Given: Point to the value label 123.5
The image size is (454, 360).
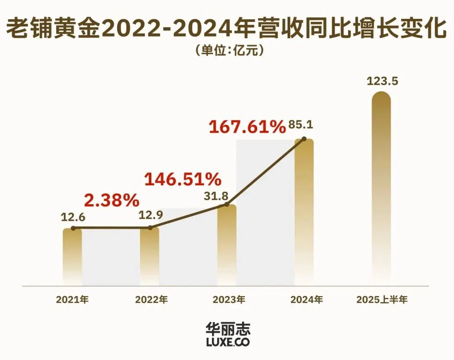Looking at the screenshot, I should click(x=382, y=81).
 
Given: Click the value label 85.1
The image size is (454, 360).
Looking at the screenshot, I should click(x=301, y=126).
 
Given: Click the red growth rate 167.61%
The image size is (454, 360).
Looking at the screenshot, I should click(x=247, y=127).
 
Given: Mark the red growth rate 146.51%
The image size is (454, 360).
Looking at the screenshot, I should click(x=182, y=179).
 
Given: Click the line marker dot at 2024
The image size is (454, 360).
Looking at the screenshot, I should click(x=304, y=139).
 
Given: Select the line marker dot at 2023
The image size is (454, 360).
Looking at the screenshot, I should click(x=227, y=205).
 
